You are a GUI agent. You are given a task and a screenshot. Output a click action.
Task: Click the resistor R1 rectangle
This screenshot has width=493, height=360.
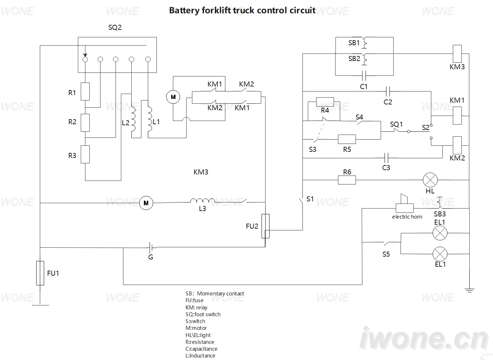[x=85, y=92]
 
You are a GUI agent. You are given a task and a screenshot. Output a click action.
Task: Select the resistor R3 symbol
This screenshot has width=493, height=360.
[x=85, y=154]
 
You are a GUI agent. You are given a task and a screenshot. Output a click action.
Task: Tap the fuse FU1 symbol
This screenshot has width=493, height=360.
[x=40, y=273]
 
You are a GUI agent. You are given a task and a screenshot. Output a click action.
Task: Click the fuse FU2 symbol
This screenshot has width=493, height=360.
[x=266, y=226]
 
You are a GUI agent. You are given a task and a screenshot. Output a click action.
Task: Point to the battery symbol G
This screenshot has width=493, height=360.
[x=151, y=248]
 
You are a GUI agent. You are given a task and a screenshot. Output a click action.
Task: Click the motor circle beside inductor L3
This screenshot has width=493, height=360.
[x=146, y=203]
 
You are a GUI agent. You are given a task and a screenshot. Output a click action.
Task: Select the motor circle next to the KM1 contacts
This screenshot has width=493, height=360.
[x=173, y=97]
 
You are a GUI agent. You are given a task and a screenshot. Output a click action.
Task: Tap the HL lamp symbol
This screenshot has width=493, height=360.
[x=430, y=180]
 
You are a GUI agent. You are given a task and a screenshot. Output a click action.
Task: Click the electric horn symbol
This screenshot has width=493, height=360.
[x=404, y=203]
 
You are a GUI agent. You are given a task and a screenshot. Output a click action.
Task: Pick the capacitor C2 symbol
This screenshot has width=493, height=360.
[x=388, y=92]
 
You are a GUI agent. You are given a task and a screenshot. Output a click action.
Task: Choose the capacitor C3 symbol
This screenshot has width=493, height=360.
[x=386, y=158]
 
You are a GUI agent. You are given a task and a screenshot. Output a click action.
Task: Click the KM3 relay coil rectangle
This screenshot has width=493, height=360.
[x=457, y=54]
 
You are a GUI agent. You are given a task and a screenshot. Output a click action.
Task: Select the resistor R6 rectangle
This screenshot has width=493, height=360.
[x=347, y=180]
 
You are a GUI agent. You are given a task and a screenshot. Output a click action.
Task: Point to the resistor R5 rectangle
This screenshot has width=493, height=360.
[x=347, y=139]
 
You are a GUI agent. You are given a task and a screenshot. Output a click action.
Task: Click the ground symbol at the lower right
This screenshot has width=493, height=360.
[x=469, y=290]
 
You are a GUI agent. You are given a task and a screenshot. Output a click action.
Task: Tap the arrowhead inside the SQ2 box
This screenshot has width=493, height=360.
[x=85, y=55]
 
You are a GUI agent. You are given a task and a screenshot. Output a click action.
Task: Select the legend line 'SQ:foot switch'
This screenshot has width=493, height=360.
[x=203, y=314]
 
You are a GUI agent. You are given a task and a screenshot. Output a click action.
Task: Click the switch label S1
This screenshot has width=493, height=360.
[x=310, y=199]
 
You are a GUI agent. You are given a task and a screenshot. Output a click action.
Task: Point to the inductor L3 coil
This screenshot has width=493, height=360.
[x=202, y=201]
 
